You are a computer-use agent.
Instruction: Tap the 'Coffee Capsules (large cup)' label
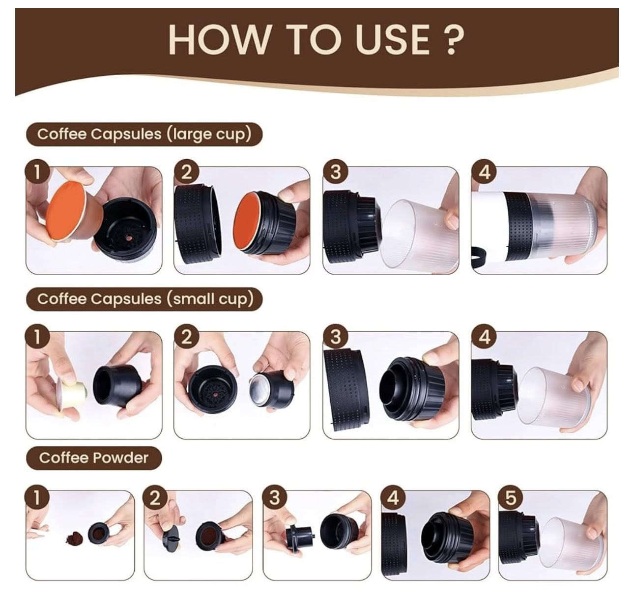(144, 134)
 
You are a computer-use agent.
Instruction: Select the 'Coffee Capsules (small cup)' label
(144, 299)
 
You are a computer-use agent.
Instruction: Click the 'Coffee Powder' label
(93, 458)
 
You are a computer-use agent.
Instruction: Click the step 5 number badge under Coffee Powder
(510, 497)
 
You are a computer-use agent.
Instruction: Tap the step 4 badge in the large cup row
(484, 172)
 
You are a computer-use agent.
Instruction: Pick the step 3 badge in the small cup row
(335, 337)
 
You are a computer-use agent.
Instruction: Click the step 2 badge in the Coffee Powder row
(155, 497)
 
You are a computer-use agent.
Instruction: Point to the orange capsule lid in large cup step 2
(246, 221)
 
